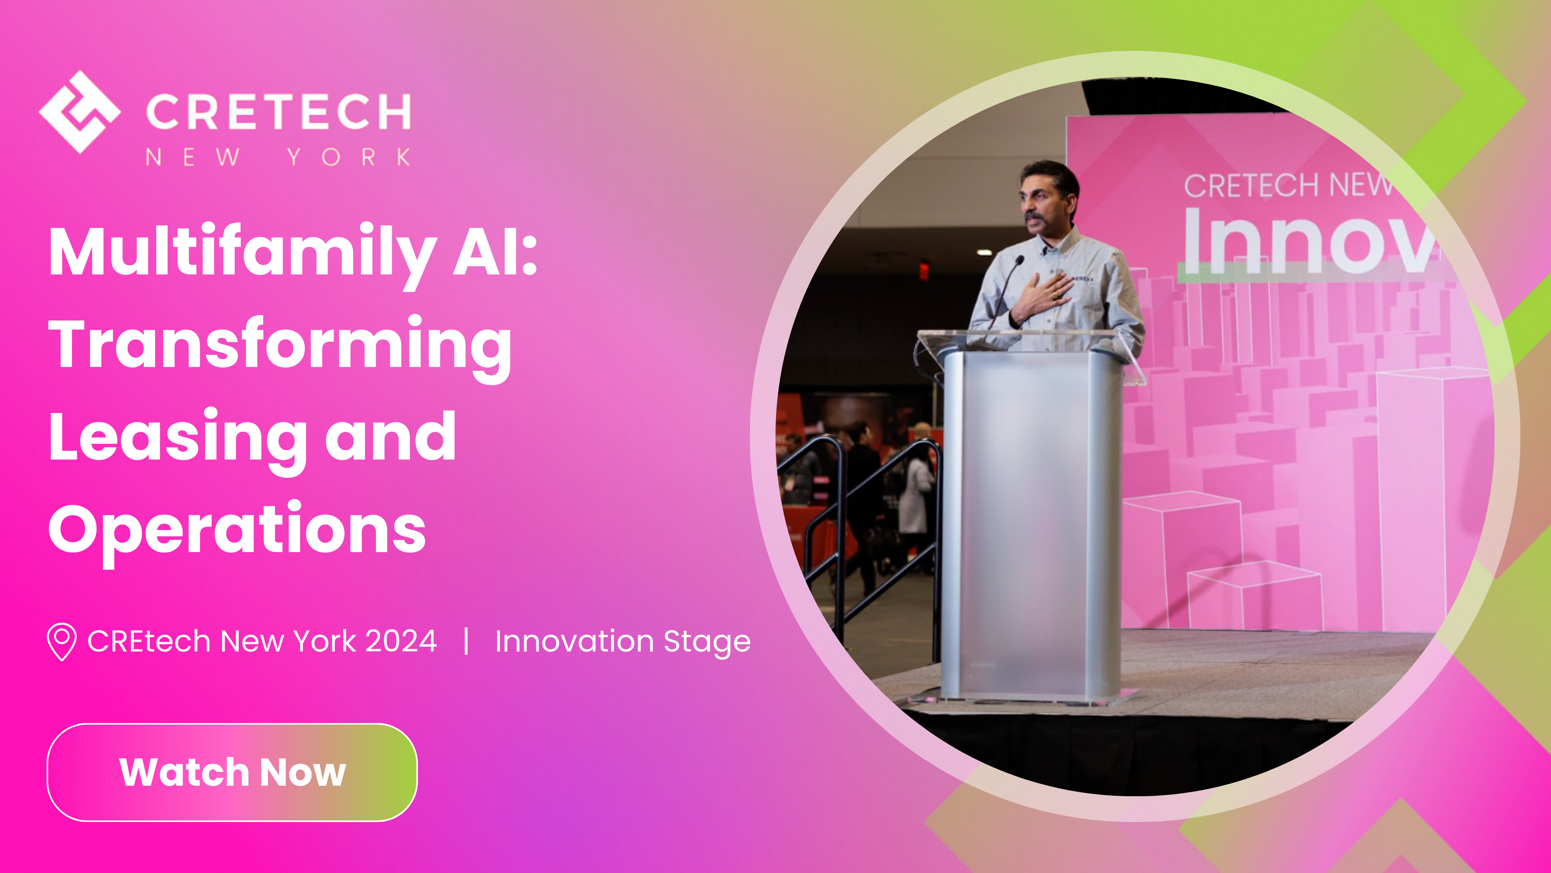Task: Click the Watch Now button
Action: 232,772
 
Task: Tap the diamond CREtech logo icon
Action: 80,112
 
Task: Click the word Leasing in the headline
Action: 178,438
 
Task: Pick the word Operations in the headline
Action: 237,530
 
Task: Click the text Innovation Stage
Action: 622,642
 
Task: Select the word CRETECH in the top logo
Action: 278,112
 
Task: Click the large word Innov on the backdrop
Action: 1307,241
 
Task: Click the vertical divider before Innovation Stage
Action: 466,641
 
